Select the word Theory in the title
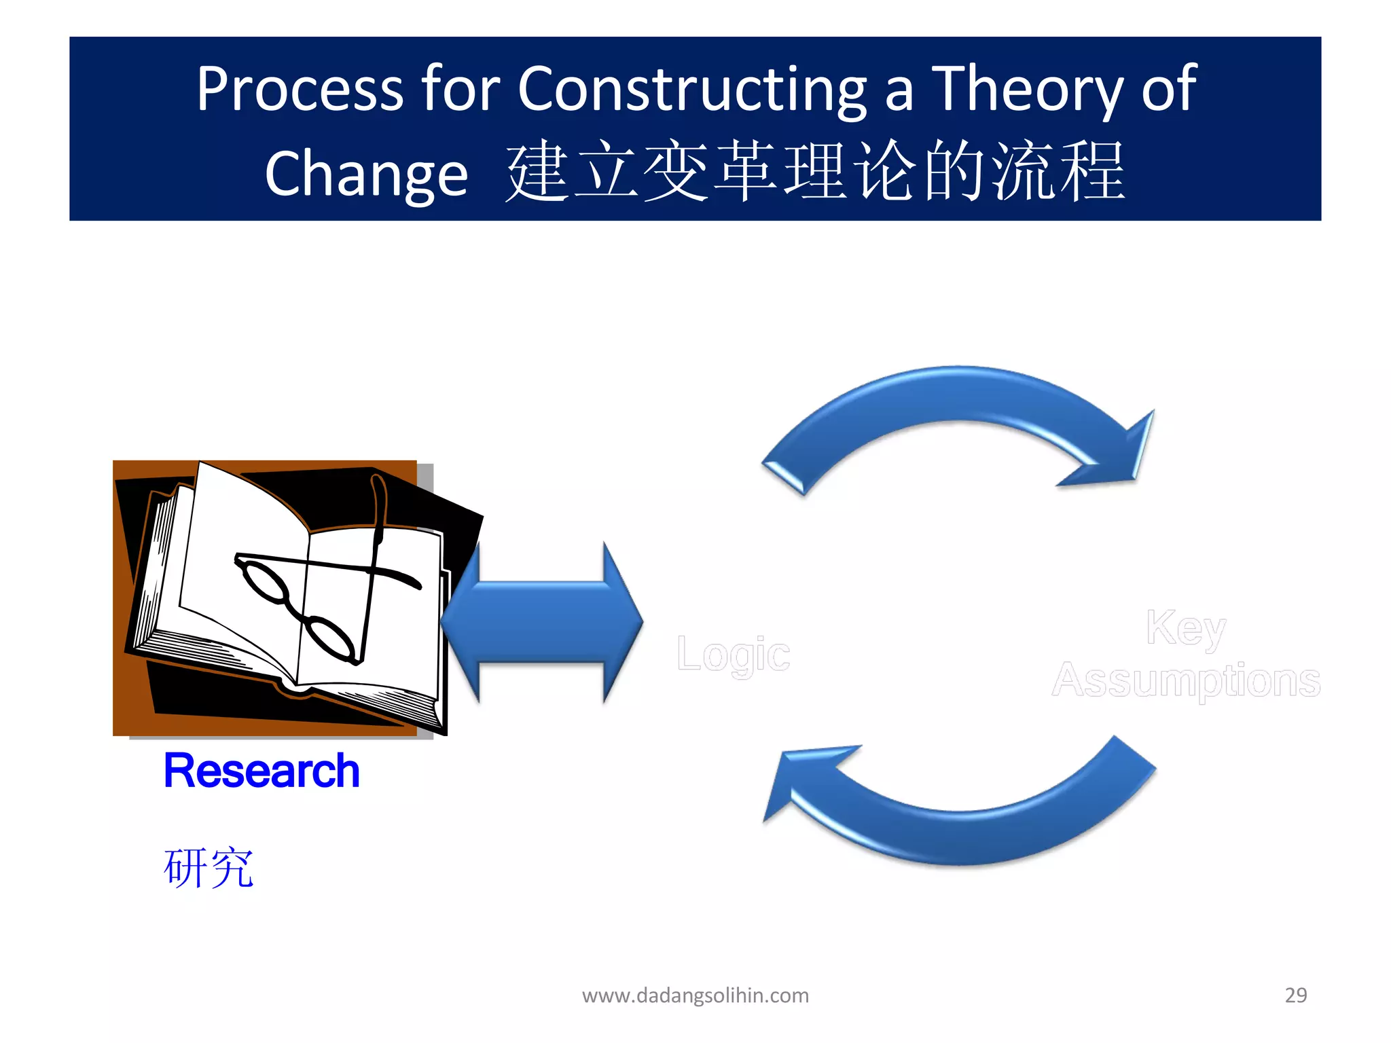pyautogui.click(x=1027, y=90)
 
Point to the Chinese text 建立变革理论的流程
pyautogui.click(x=815, y=171)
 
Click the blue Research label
pyautogui.click(x=261, y=771)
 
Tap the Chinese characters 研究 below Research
pyautogui.click(x=209, y=867)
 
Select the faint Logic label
pyautogui.click(x=734, y=655)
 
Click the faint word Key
pyautogui.click(x=1185, y=628)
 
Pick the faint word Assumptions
pyautogui.click(x=1185, y=680)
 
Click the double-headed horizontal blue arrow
pyautogui.click(x=541, y=622)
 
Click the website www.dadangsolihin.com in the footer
pyautogui.click(x=695, y=995)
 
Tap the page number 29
pyautogui.click(x=1295, y=995)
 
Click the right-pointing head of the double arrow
pyautogui.click(x=621, y=622)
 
